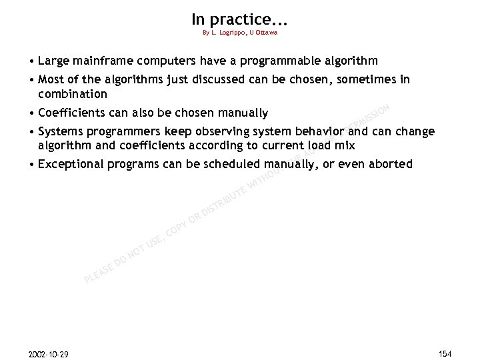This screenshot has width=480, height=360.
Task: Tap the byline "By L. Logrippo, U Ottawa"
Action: click(239, 33)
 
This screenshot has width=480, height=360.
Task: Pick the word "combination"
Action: click(73, 94)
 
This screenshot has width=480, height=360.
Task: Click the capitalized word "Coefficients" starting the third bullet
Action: click(72, 113)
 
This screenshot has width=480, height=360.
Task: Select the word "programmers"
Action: click(123, 131)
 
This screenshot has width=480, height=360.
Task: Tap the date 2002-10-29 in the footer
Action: click(49, 353)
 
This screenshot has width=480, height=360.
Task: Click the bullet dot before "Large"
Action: click(31, 61)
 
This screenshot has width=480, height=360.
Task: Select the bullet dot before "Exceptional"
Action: click(31, 164)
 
